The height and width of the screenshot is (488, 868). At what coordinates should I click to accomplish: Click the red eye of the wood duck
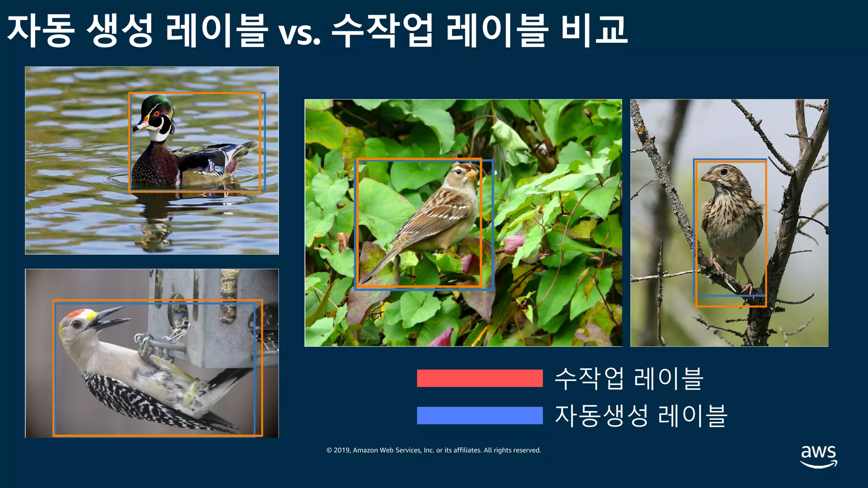pyautogui.click(x=156, y=114)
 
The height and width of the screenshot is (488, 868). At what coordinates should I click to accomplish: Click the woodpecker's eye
pyautogui.click(x=77, y=324)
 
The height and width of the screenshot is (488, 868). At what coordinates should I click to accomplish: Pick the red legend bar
pyautogui.click(x=479, y=378)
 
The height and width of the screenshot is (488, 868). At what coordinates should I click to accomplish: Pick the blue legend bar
pyautogui.click(x=479, y=415)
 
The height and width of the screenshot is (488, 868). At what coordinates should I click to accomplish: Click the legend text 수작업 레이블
pyautogui.click(x=629, y=378)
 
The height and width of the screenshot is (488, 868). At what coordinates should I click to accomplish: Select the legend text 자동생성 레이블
pyautogui.click(x=641, y=416)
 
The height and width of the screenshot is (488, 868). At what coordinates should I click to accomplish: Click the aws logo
pyautogui.click(x=818, y=456)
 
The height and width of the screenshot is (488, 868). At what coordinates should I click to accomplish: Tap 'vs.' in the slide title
pyautogui.click(x=299, y=34)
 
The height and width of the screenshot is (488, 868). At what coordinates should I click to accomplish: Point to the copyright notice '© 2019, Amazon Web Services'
pyautogui.click(x=434, y=450)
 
